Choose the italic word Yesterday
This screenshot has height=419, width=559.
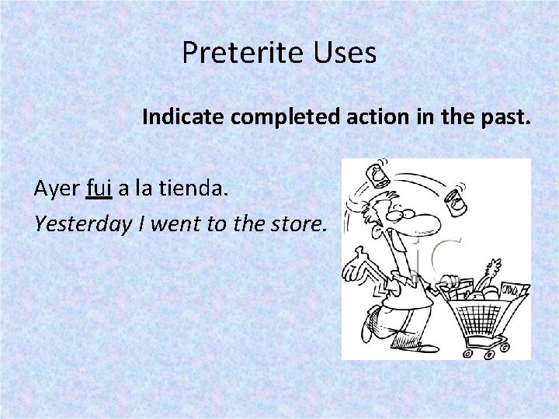[82, 224]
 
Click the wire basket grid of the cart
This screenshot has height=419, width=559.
[483, 319]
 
